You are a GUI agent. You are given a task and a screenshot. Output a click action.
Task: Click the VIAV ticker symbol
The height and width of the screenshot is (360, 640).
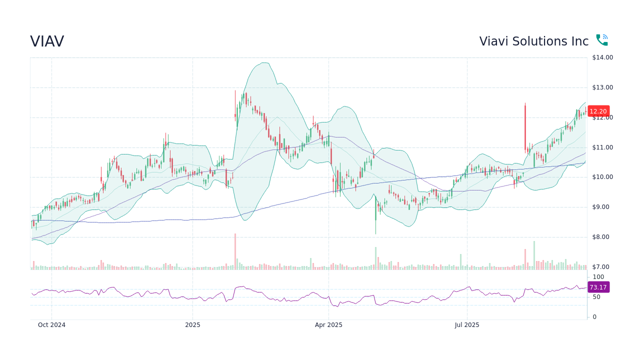point(47,41)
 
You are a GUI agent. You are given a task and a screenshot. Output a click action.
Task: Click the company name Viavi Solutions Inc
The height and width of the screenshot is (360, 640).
point(533,41)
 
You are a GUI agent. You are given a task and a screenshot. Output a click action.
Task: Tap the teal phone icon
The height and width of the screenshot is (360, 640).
point(601,40)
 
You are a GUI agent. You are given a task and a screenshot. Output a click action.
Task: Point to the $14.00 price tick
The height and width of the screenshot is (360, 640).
point(602,57)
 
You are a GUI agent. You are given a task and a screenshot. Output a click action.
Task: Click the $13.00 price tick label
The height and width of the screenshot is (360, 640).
point(602,87)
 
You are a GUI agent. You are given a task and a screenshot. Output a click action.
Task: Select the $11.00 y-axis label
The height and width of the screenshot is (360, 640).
point(602,147)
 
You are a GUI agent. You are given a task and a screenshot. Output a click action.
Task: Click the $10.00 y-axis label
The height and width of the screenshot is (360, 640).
point(602,177)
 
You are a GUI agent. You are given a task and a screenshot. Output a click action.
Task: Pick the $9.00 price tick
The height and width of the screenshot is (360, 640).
point(602,207)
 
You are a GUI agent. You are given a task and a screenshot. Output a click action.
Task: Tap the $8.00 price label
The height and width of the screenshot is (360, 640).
point(602,237)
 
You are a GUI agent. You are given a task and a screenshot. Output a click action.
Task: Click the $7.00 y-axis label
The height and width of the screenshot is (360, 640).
point(602,267)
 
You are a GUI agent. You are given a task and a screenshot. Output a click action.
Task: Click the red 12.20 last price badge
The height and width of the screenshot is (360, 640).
point(598,111)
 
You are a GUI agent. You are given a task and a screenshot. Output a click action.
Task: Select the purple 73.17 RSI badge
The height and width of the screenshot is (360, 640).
point(598,287)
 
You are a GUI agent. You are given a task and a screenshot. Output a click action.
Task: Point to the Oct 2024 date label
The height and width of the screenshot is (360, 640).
point(51,325)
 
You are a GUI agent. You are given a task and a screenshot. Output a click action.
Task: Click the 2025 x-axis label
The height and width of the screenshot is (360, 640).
point(192,325)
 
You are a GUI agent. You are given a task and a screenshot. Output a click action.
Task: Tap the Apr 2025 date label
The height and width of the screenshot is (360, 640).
point(328,325)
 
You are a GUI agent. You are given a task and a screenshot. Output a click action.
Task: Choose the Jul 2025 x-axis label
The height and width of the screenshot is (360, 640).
point(467,325)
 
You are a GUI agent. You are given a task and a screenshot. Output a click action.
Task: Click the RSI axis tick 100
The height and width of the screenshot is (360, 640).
point(598,277)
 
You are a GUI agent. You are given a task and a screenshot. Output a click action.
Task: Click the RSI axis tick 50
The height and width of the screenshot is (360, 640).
point(596,297)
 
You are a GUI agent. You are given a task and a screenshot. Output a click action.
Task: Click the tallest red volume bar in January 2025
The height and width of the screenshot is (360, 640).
point(235,251)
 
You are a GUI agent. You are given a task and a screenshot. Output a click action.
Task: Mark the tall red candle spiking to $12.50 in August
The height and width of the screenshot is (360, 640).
point(525,127)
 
